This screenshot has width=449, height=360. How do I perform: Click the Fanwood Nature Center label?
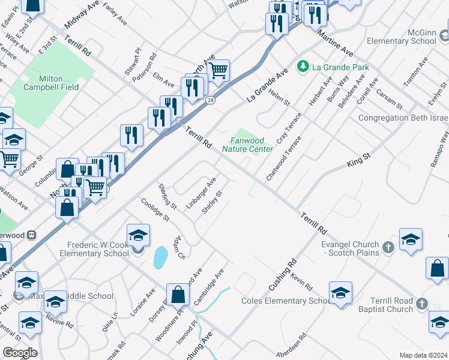pos(248,145)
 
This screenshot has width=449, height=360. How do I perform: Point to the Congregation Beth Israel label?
pos(403,118)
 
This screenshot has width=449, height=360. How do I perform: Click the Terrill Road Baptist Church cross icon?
pos(421,304)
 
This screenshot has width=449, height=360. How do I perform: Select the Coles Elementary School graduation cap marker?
pos(340,293)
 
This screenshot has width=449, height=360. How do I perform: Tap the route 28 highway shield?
pos(210,100)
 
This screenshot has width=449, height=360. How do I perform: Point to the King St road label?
pos(359,159)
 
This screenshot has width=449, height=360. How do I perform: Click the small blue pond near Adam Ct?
pos(160,257)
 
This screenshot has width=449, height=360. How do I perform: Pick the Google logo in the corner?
pos(19,353)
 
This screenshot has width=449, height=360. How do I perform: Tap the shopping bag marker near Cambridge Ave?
pos(178,295)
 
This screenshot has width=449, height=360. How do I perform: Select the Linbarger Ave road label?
pos(200,193)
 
